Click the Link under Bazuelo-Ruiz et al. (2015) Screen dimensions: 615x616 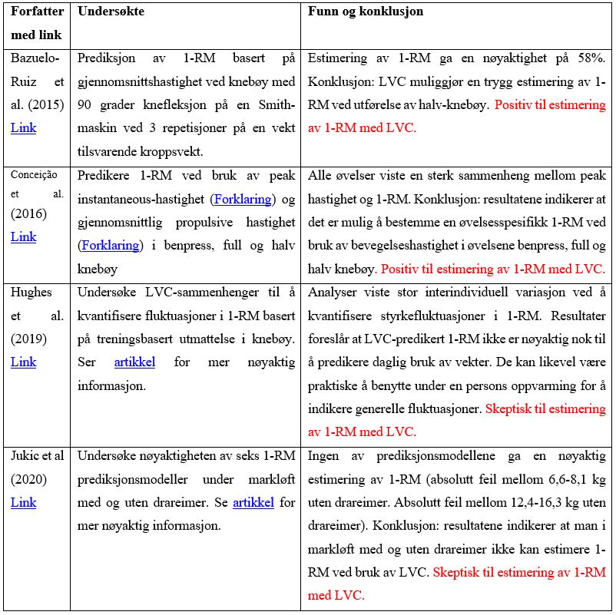pos(23,127)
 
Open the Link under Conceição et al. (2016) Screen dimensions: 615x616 pos(23,237)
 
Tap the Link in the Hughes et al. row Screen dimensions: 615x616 pos(23,362)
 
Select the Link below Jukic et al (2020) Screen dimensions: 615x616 pos(23,503)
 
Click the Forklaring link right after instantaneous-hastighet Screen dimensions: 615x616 pos(242,199)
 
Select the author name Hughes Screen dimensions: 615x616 pos(32,292)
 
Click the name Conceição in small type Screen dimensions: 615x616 pos(35,174)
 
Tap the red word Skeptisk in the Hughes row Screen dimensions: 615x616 pos(509,408)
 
